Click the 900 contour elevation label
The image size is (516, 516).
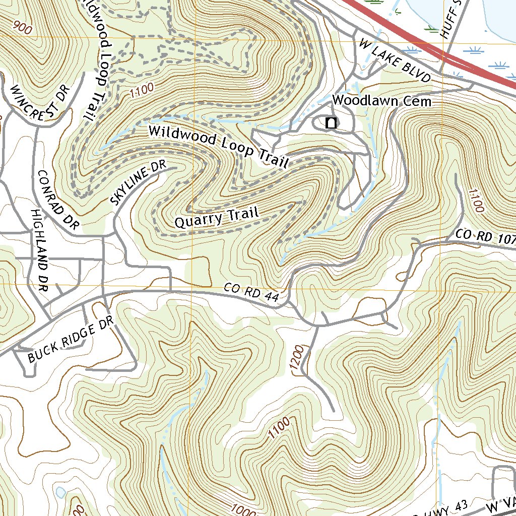coord(23,28)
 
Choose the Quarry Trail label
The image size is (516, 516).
coord(217,218)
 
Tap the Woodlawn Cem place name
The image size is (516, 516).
coord(382,101)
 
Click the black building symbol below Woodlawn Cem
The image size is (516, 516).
coord(331,123)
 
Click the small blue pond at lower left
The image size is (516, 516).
coord(61,492)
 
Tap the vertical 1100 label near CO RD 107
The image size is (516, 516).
coord(475,201)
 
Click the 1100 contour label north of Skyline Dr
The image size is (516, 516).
coord(141,92)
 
